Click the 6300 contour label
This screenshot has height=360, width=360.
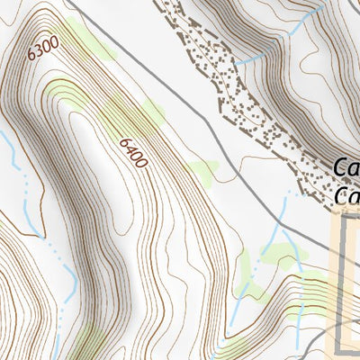[x=42, y=48]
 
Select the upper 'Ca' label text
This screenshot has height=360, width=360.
[x=346, y=168]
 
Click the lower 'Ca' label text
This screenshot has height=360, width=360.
[x=346, y=196]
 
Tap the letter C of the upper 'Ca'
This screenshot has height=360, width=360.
[x=340, y=168]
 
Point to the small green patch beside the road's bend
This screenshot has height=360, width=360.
[x=203, y=167]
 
